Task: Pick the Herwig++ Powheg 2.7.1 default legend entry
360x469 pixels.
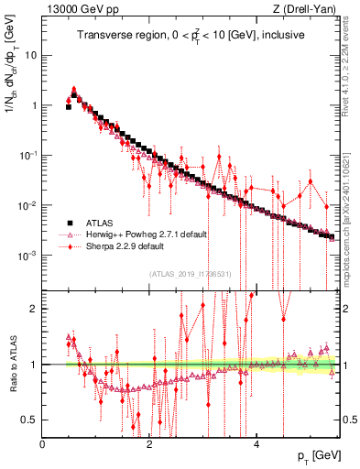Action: [x=147, y=234]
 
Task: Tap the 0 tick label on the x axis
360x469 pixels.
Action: [x=43, y=444]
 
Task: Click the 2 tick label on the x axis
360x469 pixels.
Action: [x=150, y=444]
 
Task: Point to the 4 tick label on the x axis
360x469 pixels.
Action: [x=257, y=444]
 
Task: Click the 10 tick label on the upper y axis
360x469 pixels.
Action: [x=31, y=55]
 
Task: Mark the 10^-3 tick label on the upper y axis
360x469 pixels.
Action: [x=27, y=255]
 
